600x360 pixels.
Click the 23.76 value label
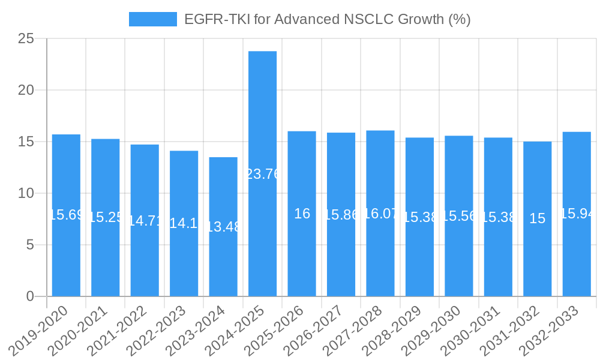click(x=263, y=174)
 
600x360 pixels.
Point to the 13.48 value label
click(x=223, y=227)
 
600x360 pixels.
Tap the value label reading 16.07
click(x=380, y=214)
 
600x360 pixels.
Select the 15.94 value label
click(x=577, y=214)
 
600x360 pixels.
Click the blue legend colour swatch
click(x=153, y=19)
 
